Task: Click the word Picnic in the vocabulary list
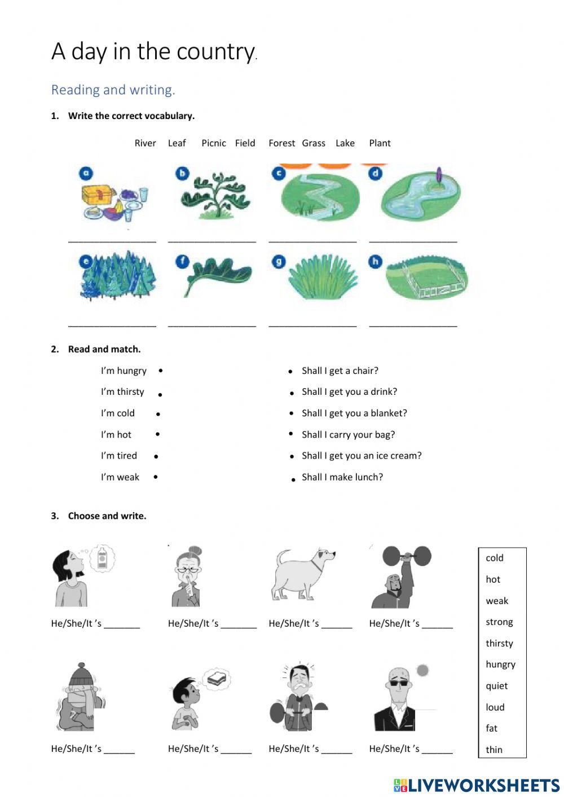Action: pyautogui.click(x=214, y=143)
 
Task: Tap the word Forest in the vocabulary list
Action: pyautogui.click(x=281, y=143)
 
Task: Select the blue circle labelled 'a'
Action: pyautogui.click(x=86, y=173)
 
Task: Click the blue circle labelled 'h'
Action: pyautogui.click(x=375, y=261)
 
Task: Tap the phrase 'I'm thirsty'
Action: pyautogui.click(x=122, y=392)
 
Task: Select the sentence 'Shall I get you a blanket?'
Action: pyautogui.click(x=354, y=413)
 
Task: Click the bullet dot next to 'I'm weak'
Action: pyautogui.click(x=156, y=477)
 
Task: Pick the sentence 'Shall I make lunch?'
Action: pyautogui.click(x=342, y=477)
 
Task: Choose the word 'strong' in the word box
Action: pyautogui.click(x=499, y=622)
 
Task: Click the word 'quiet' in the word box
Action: pyautogui.click(x=496, y=686)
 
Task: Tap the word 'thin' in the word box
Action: pyautogui.click(x=494, y=750)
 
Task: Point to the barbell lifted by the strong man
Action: pyautogui.click(x=407, y=556)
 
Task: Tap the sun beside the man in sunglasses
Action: pyautogui.click(x=422, y=670)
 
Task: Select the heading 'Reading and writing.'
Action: pyautogui.click(x=113, y=90)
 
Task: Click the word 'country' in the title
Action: pyautogui.click(x=215, y=52)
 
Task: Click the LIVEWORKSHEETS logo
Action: pyautogui.click(x=477, y=785)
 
